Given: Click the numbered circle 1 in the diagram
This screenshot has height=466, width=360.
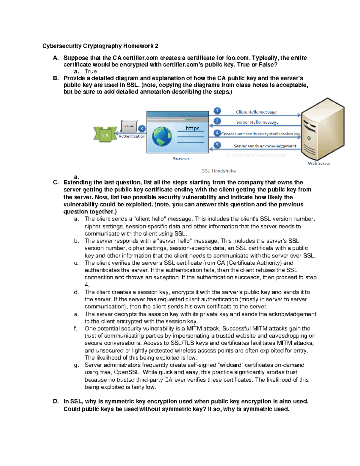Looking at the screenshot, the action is tap(217, 111).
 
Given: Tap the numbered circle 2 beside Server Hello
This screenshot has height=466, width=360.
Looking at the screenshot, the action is tap(217, 121).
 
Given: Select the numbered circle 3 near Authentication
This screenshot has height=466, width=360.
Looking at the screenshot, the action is tap(142, 128).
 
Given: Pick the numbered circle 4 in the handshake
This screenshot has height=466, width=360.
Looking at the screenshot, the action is tap(217, 133).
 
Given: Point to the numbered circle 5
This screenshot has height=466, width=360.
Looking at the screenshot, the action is tap(217, 145).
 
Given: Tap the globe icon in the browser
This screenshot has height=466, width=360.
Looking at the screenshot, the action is tap(162, 137).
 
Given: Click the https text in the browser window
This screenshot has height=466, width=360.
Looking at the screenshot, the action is tap(192, 128).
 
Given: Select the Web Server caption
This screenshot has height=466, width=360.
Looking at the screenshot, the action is tap(319, 163).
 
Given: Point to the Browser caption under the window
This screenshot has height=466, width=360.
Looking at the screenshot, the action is tap(181, 158).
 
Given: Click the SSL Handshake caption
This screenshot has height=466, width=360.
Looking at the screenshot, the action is tap(219, 171).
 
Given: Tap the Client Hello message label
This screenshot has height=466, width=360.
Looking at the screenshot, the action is tap(256, 112).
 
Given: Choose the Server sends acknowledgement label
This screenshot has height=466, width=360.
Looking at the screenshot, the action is tap(265, 146).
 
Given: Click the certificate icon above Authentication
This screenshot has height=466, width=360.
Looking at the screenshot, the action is tap(129, 126).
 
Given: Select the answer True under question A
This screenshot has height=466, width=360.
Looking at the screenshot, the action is tap(91, 71).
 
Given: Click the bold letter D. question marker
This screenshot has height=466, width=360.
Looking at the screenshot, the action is tap(56, 401).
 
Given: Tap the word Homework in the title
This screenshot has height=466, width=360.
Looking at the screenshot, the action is tap(138, 46).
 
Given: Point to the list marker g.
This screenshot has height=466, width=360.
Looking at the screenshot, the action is tap(76, 365).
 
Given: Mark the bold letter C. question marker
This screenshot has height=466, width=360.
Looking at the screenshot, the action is tap(56, 182).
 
